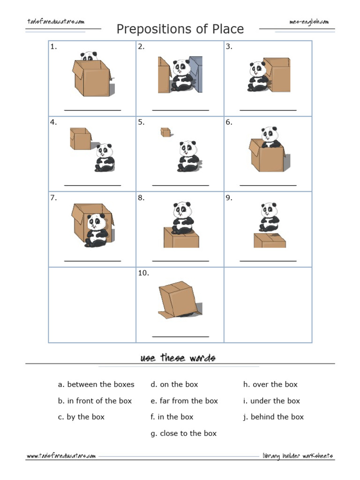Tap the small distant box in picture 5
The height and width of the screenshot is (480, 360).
tap(165, 132)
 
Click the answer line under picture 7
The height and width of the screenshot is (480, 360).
tap(92, 261)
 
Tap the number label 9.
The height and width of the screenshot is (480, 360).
tap(229, 198)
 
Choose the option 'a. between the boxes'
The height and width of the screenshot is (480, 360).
tap(96, 384)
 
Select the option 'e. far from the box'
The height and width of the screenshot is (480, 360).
tap(184, 401)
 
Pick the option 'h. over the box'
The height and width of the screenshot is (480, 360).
tap(270, 384)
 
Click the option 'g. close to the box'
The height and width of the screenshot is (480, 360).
tap(184, 433)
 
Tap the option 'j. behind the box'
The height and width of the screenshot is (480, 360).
tap(273, 417)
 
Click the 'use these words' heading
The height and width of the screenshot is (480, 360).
tap(178, 358)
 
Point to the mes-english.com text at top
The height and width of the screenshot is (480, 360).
tap(309, 22)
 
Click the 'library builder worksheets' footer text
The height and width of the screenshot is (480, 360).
tap(298, 456)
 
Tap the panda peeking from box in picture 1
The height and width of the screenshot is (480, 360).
tap(89, 56)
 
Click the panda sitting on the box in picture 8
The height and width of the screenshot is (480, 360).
tap(182, 217)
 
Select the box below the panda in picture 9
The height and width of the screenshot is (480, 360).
tap(270, 240)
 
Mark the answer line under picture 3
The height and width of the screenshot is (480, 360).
tap(268, 110)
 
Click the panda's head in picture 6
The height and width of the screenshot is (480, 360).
tap(270, 134)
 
